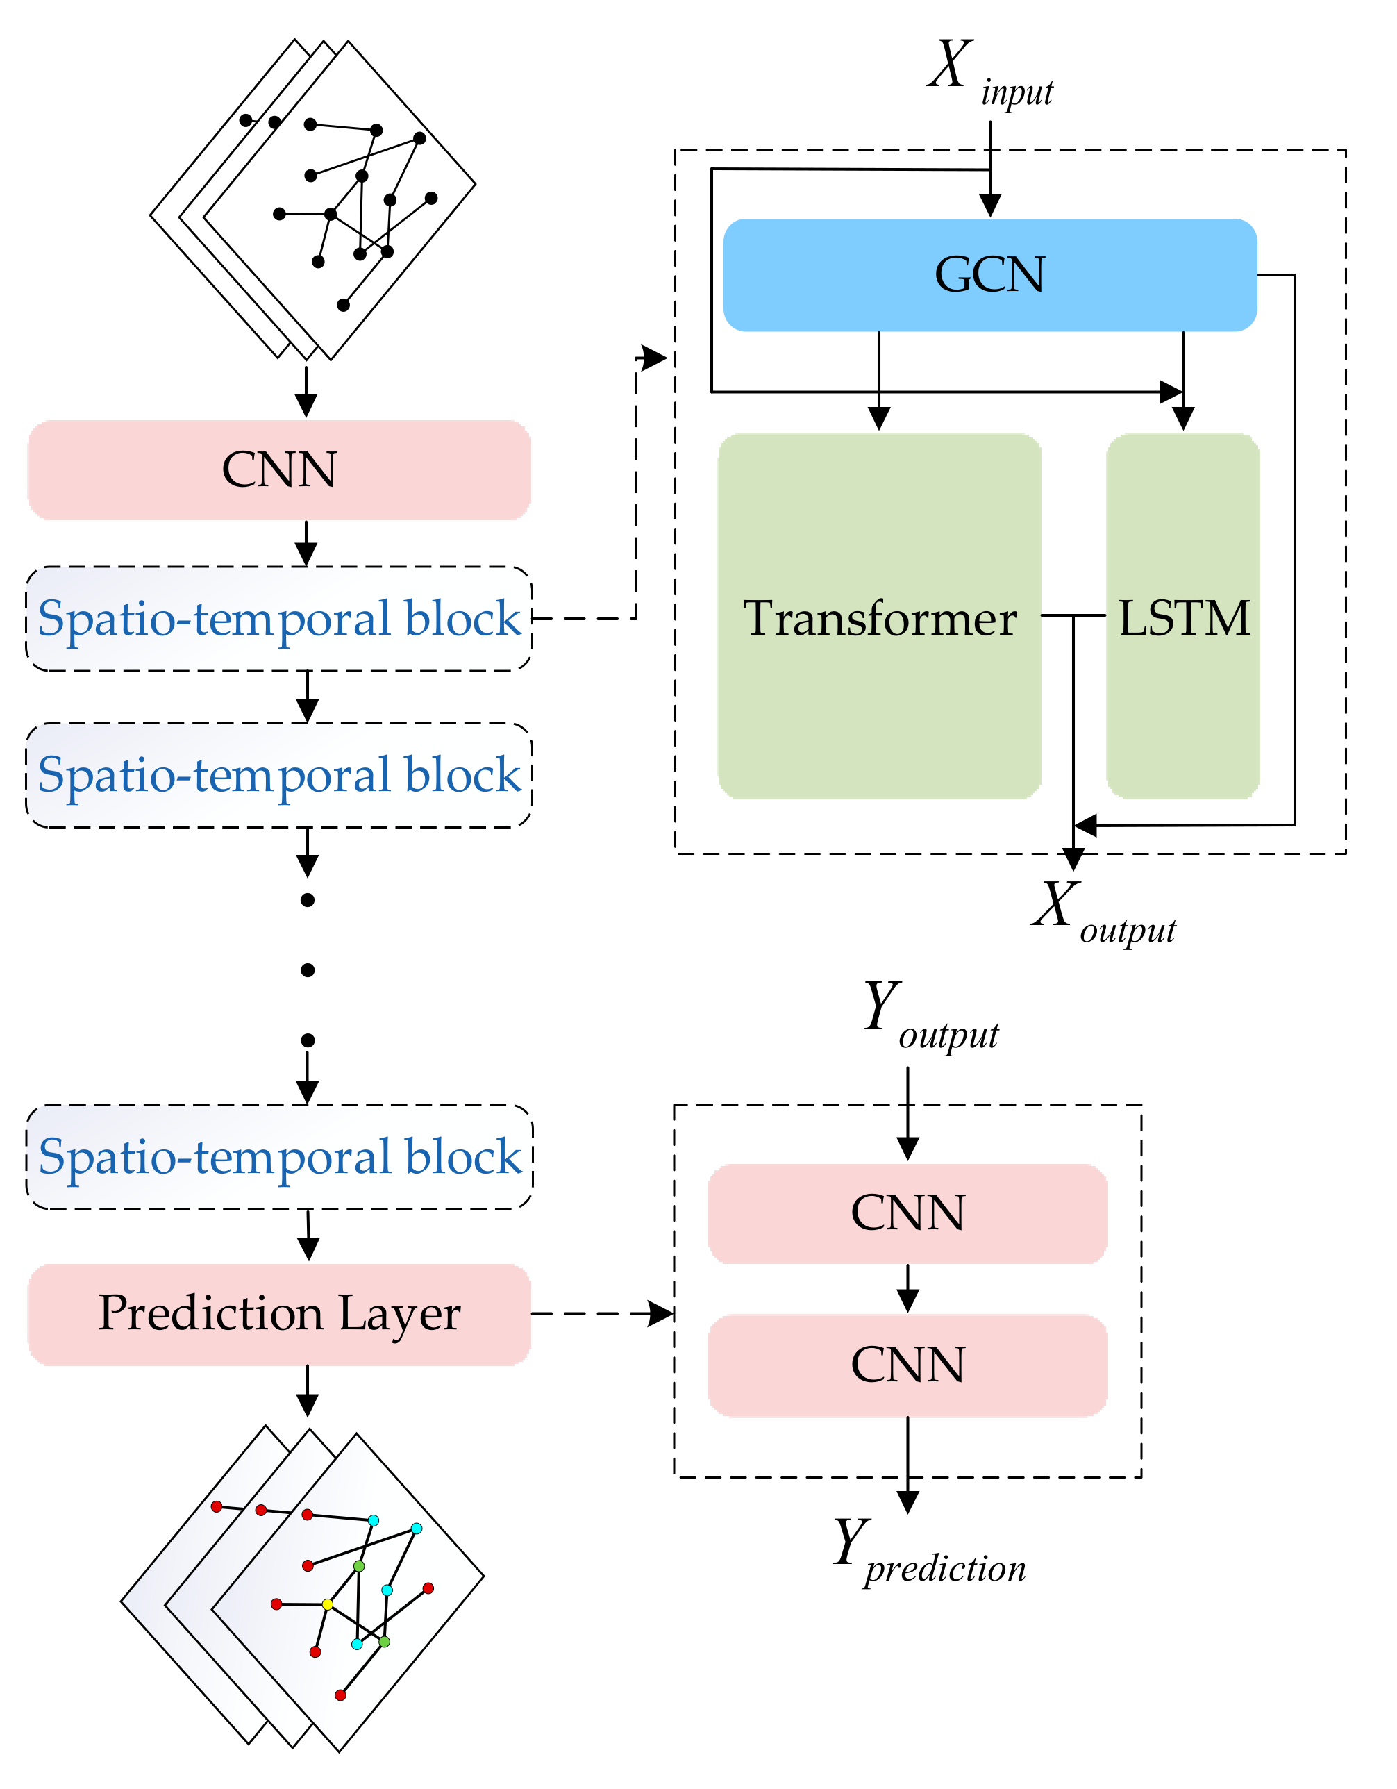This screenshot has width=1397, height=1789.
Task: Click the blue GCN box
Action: coord(989,275)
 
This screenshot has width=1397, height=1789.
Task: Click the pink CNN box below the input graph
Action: coord(279,470)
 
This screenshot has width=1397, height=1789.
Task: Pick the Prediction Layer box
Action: coord(279,1314)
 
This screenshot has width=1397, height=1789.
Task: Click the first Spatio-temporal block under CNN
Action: coord(279,619)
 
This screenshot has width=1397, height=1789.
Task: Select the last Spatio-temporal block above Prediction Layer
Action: coord(279,1156)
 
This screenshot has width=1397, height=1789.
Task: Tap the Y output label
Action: coord(930,1016)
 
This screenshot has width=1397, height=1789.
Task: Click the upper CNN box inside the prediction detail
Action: coord(907,1213)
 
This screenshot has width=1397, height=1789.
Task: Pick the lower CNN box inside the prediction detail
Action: coord(907,1365)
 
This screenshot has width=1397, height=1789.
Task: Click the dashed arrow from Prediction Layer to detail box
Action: coord(602,1313)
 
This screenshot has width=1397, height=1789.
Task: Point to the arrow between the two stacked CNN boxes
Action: coord(907,1288)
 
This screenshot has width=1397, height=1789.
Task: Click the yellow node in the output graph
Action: coord(328,1604)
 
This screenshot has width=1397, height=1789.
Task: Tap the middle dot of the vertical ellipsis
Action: coord(307,970)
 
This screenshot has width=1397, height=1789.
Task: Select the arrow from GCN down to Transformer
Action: coord(878,381)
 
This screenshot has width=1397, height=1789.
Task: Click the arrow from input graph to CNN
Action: coord(306,392)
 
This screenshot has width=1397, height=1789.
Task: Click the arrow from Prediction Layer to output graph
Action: coord(307,1390)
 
